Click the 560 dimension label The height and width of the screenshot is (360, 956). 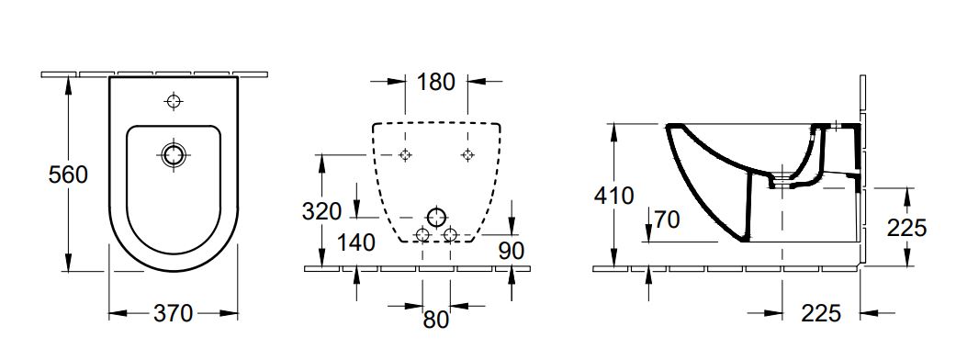point(68,175)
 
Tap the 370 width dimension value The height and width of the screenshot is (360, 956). point(174,314)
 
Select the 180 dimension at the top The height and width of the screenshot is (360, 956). point(436,82)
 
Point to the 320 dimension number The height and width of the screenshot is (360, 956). point(321,212)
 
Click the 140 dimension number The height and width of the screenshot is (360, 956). point(355,242)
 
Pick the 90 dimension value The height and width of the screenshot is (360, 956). point(511,251)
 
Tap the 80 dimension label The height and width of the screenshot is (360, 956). point(436,320)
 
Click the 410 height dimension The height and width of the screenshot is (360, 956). point(614,196)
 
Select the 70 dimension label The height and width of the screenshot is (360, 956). point(667,219)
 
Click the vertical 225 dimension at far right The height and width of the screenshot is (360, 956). point(906,228)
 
